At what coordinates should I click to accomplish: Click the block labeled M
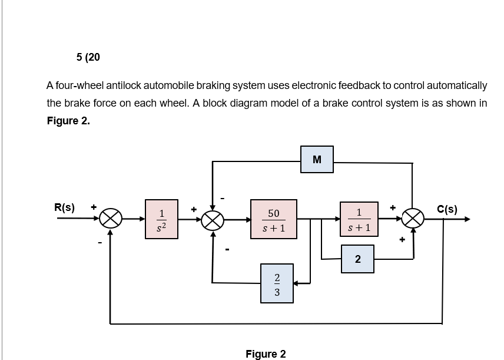click(x=317, y=159)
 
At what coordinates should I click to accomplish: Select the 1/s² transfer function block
click(x=162, y=219)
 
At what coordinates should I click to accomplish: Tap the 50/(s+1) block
click(x=273, y=219)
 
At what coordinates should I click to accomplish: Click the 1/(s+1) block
click(x=358, y=219)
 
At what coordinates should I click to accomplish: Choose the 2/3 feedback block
click(x=277, y=284)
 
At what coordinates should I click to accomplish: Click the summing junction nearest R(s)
click(x=110, y=220)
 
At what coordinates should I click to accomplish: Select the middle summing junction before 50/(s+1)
click(x=213, y=220)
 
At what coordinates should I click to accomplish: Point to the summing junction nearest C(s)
click(x=413, y=220)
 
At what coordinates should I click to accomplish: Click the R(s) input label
click(x=64, y=207)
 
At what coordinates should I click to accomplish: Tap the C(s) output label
click(x=447, y=208)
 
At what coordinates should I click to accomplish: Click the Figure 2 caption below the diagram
click(x=266, y=354)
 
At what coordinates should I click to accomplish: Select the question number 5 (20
click(x=88, y=57)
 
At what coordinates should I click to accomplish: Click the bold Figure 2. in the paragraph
click(x=68, y=121)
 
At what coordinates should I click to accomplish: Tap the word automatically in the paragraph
click(x=454, y=85)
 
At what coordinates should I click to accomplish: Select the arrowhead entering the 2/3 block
click(x=297, y=283)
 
